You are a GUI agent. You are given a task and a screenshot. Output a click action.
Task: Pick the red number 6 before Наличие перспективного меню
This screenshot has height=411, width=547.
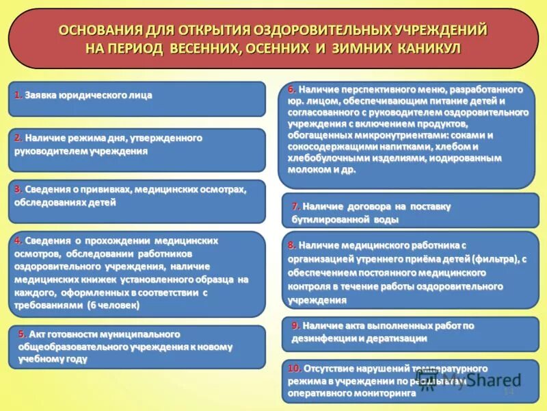(x=291, y=89)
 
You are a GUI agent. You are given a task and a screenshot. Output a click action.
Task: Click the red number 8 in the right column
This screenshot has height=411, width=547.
(x=291, y=245)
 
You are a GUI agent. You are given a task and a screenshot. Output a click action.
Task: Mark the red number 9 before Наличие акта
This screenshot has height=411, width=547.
(x=295, y=325)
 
